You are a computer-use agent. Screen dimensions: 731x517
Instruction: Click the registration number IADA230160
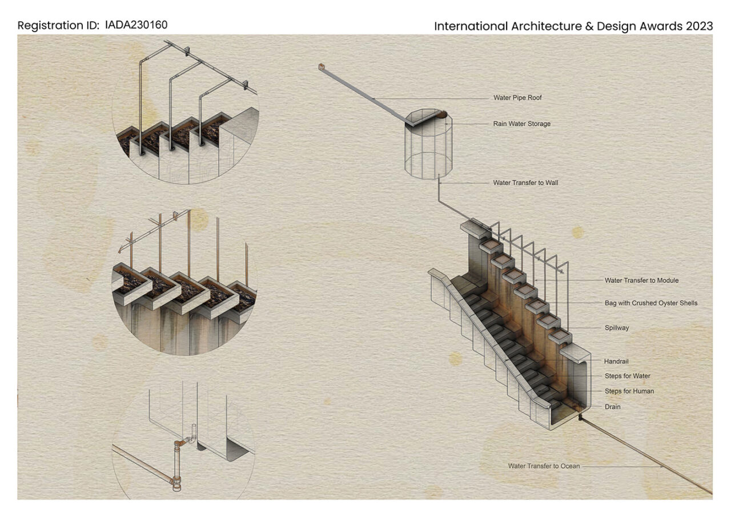pos(136,25)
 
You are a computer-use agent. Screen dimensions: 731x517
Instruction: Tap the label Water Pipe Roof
pos(517,98)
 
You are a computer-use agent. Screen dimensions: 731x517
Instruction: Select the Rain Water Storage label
pos(521,124)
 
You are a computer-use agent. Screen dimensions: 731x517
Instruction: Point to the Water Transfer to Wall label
pos(525,183)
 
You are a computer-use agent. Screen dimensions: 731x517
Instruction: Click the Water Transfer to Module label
pos(641,280)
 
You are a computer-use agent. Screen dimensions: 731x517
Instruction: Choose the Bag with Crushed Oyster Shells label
pos(650,303)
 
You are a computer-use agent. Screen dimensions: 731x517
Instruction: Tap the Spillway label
pos(616,328)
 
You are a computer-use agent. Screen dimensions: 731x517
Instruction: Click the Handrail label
pos(616,361)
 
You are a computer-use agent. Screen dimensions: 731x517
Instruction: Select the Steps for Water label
pos(627,376)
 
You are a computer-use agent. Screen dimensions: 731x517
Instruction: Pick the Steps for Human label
pos(629,391)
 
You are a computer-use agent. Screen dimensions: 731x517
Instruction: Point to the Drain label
pos(612,407)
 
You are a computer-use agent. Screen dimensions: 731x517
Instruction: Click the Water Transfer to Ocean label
pos(544,466)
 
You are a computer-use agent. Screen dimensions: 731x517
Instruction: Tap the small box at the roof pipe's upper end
pos(321,67)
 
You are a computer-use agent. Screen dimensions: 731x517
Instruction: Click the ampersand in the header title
pos(589,26)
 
